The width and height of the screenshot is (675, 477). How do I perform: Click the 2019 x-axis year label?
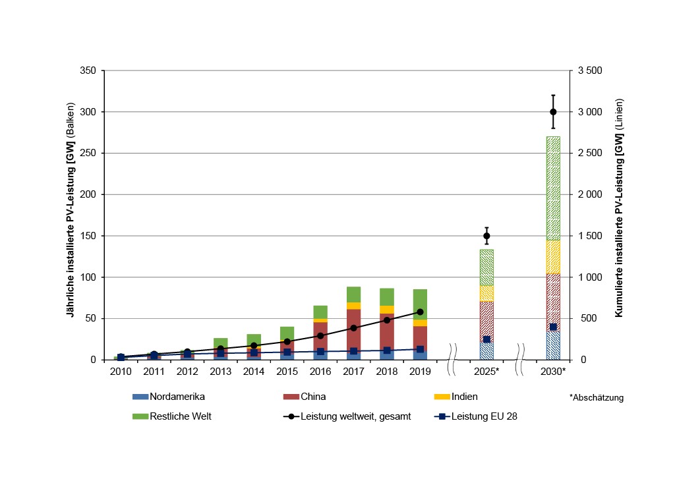click(x=420, y=372)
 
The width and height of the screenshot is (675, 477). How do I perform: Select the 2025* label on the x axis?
click(x=486, y=372)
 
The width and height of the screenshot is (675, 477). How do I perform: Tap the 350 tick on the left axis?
click(x=88, y=70)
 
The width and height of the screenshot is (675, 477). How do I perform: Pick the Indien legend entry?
click(x=461, y=397)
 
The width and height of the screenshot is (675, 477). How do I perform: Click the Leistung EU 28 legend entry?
click(x=479, y=416)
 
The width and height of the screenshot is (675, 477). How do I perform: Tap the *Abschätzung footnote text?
click(x=596, y=398)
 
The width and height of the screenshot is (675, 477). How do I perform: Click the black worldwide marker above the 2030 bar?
click(x=553, y=112)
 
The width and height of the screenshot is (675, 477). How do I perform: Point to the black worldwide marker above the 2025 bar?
click(x=486, y=236)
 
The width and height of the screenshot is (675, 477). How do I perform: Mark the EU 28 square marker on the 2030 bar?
click(x=553, y=327)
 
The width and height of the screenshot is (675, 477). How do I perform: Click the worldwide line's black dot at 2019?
click(x=420, y=312)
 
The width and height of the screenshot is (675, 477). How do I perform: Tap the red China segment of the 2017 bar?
click(x=353, y=329)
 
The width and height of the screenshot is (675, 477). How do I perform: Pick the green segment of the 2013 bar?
click(x=220, y=343)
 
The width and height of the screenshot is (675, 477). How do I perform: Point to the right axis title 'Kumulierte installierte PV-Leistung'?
click(x=619, y=208)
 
